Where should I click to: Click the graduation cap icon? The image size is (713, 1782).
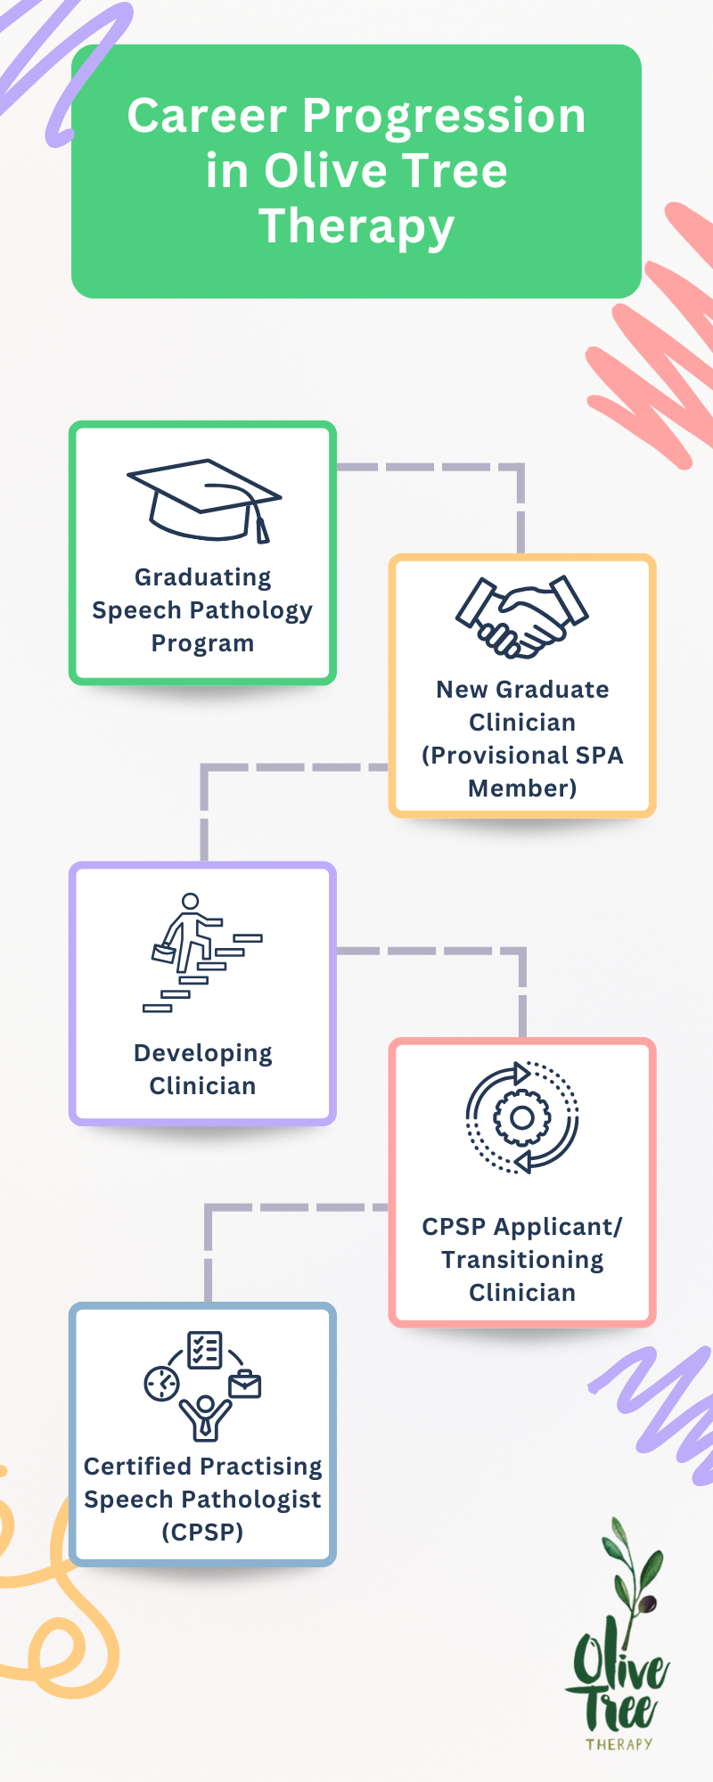[x=203, y=499]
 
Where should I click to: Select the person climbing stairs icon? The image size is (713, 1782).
[x=203, y=952]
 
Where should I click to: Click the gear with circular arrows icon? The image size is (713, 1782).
[x=522, y=1117]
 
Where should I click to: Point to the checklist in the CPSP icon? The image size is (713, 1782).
[x=204, y=1350]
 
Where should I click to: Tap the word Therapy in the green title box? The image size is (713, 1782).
[x=356, y=225]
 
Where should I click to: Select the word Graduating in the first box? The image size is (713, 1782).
[x=203, y=577]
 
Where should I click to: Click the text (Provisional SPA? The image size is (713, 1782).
[x=522, y=756]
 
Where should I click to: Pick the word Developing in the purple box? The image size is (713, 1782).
[x=203, y=1053]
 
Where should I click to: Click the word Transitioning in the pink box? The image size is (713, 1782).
[x=522, y=1260]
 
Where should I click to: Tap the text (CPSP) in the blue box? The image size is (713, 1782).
[x=202, y=1533]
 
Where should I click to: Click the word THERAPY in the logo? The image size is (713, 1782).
[x=619, y=1744]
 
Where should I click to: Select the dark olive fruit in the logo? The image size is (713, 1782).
[x=649, y=1604]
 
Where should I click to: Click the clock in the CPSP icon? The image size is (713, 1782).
[x=162, y=1384]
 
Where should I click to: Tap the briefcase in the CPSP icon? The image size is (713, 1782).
[x=245, y=1385]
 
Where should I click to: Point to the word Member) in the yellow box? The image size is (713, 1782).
[x=522, y=789]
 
